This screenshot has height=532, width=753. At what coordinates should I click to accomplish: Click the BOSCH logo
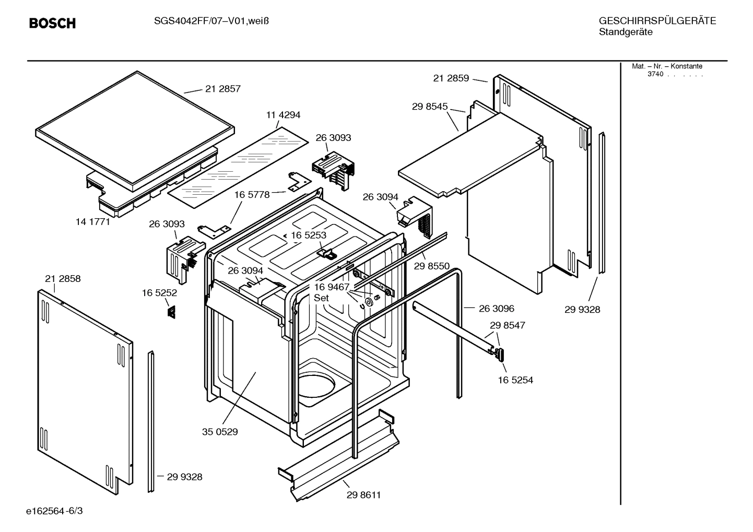click(52, 23)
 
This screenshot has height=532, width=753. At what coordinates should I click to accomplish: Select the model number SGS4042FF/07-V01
click(191, 21)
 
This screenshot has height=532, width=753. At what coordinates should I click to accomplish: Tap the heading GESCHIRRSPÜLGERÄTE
click(657, 21)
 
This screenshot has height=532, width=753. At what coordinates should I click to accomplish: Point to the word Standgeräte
click(626, 32)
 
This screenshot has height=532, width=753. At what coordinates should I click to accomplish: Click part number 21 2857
click(223, 89)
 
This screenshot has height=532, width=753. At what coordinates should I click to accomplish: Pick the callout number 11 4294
click(283, 115)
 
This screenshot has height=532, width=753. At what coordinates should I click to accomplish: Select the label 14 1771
click(92, 221)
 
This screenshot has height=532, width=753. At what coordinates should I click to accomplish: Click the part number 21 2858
click(63, 279)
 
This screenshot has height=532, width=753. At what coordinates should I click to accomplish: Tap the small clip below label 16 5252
click(171, 312)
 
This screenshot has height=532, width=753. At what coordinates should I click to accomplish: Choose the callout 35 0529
click(220, 432)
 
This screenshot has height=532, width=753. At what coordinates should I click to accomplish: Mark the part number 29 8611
click(363, 495)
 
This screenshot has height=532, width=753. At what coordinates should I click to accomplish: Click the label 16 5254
click(515, 380)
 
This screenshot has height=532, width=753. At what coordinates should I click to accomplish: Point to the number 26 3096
click(497, 309)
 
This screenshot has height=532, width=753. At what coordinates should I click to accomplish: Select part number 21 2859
click(451, 78)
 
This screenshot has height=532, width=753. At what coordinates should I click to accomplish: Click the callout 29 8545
click(430, 107)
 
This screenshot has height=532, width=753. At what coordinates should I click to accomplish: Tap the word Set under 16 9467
click(321, 298)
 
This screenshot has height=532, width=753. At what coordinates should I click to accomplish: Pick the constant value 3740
click(655, 74)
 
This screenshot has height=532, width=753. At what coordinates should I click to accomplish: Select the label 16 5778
click(252, 195)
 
